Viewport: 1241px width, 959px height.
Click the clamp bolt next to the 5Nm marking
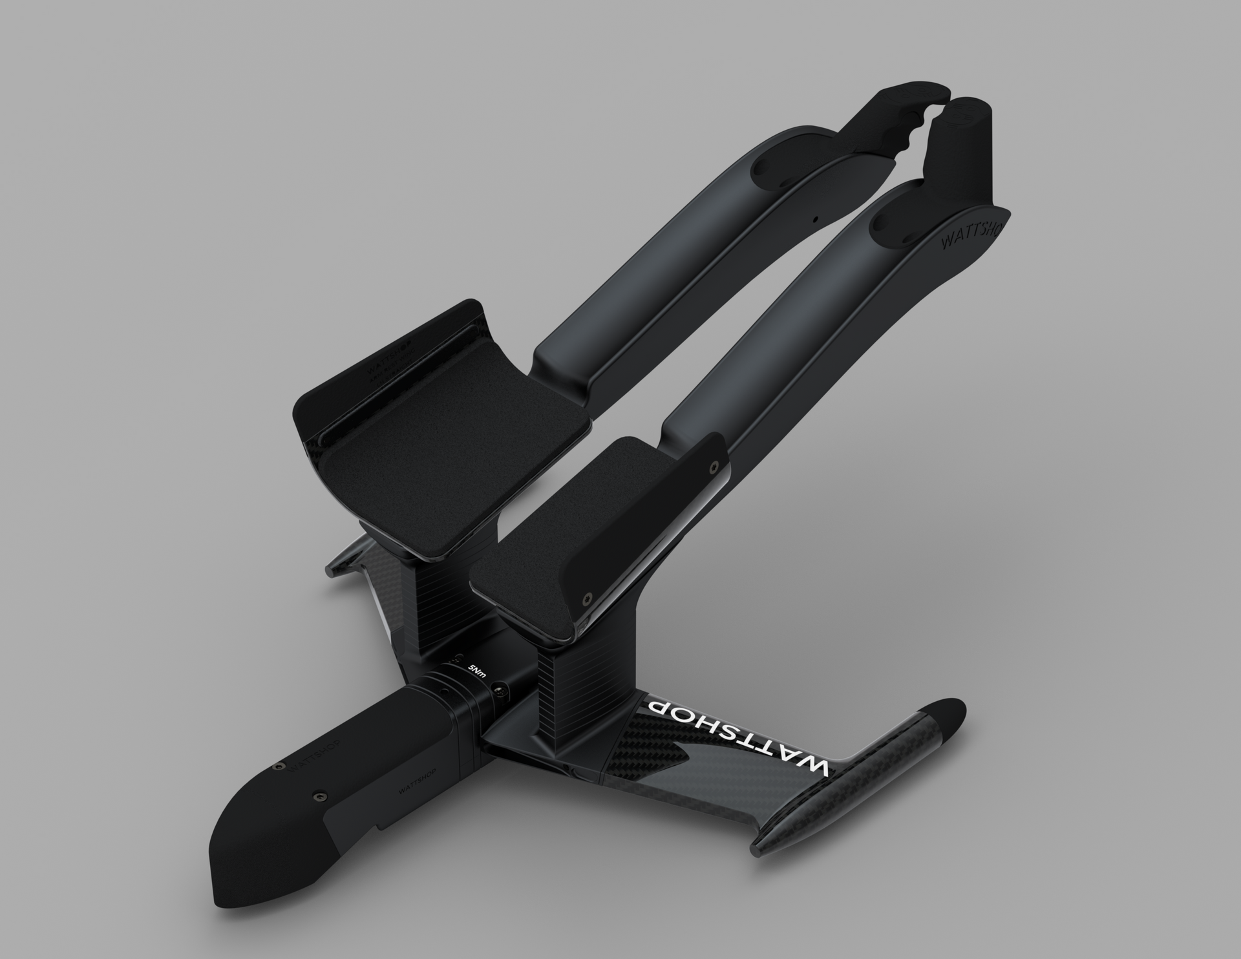tap(500, 693)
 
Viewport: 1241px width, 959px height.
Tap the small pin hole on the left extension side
tap(816, 219)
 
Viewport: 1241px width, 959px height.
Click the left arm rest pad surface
tap(446, 452)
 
